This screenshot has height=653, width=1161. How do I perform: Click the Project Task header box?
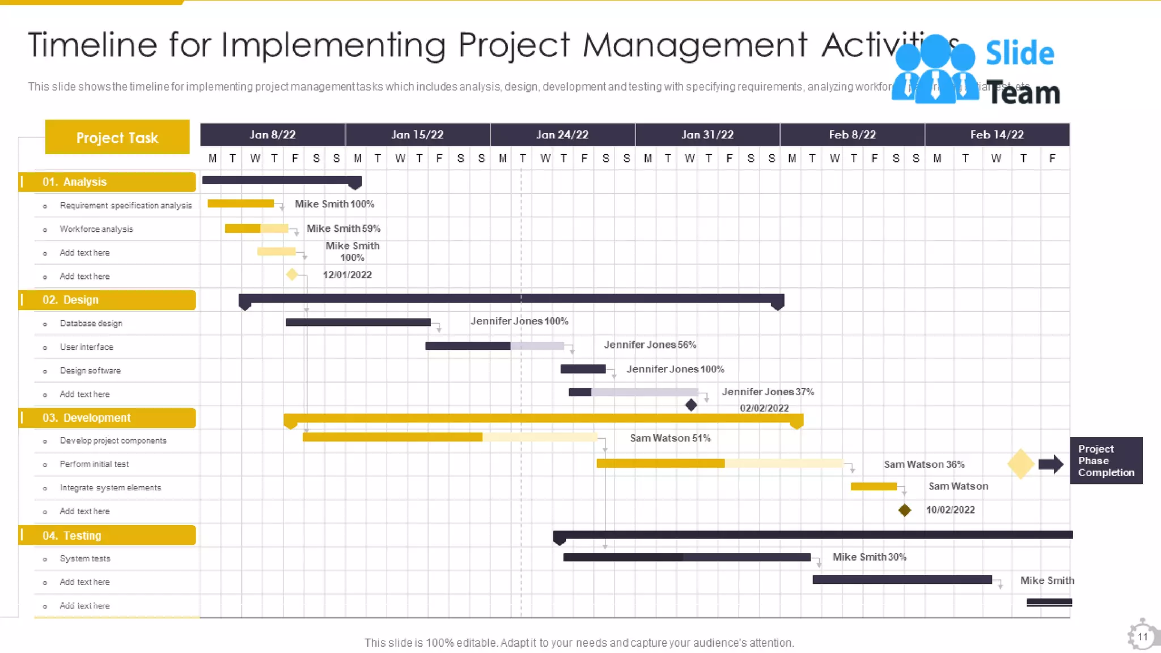(117, 137)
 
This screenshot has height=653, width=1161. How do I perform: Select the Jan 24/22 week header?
(562, 135)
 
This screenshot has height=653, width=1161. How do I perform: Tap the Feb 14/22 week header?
(997, 135)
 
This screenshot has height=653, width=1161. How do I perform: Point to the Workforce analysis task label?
(96, 229)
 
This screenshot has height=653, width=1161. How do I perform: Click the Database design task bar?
(358, 323)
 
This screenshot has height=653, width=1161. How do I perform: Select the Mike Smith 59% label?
(343, 228)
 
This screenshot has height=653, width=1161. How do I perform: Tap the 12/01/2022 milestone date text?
(347, 275)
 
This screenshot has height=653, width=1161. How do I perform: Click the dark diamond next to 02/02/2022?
(690, 405)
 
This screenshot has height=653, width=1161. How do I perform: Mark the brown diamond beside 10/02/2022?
(904, 510)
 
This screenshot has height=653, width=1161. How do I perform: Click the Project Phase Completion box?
(1105, 460)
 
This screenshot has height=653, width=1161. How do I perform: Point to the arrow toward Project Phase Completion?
(1050, 464)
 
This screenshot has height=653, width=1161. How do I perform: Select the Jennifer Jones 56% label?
(650, 345)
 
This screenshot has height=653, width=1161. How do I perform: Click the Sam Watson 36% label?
(924, 464)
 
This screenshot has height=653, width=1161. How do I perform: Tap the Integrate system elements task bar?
(873, 486)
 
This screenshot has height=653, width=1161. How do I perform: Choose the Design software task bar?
(583, 369)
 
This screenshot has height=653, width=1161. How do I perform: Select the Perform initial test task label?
(94, 464)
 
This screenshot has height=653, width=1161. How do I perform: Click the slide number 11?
(1142, 637)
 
